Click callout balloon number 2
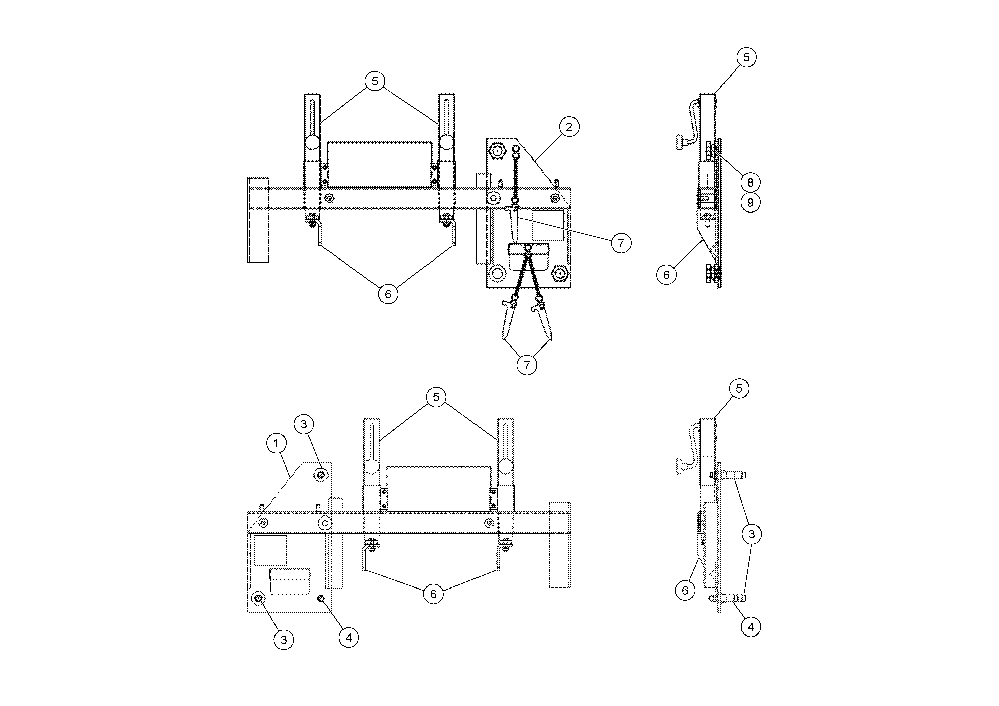(569, 127)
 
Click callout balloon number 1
(276, 443)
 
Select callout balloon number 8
(751, 182)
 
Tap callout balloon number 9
(751, 203)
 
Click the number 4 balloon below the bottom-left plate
(349, 638)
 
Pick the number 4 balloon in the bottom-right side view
(751, 627)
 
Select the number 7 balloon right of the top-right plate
(621, 243)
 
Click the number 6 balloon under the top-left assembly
(388, 294)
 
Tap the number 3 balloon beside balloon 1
(304, 424)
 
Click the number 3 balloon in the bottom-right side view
(751, 534)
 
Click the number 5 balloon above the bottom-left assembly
(436, 397)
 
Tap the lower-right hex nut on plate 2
(559, 274)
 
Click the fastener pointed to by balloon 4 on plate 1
(321, 599)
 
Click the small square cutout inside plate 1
(270, 551)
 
